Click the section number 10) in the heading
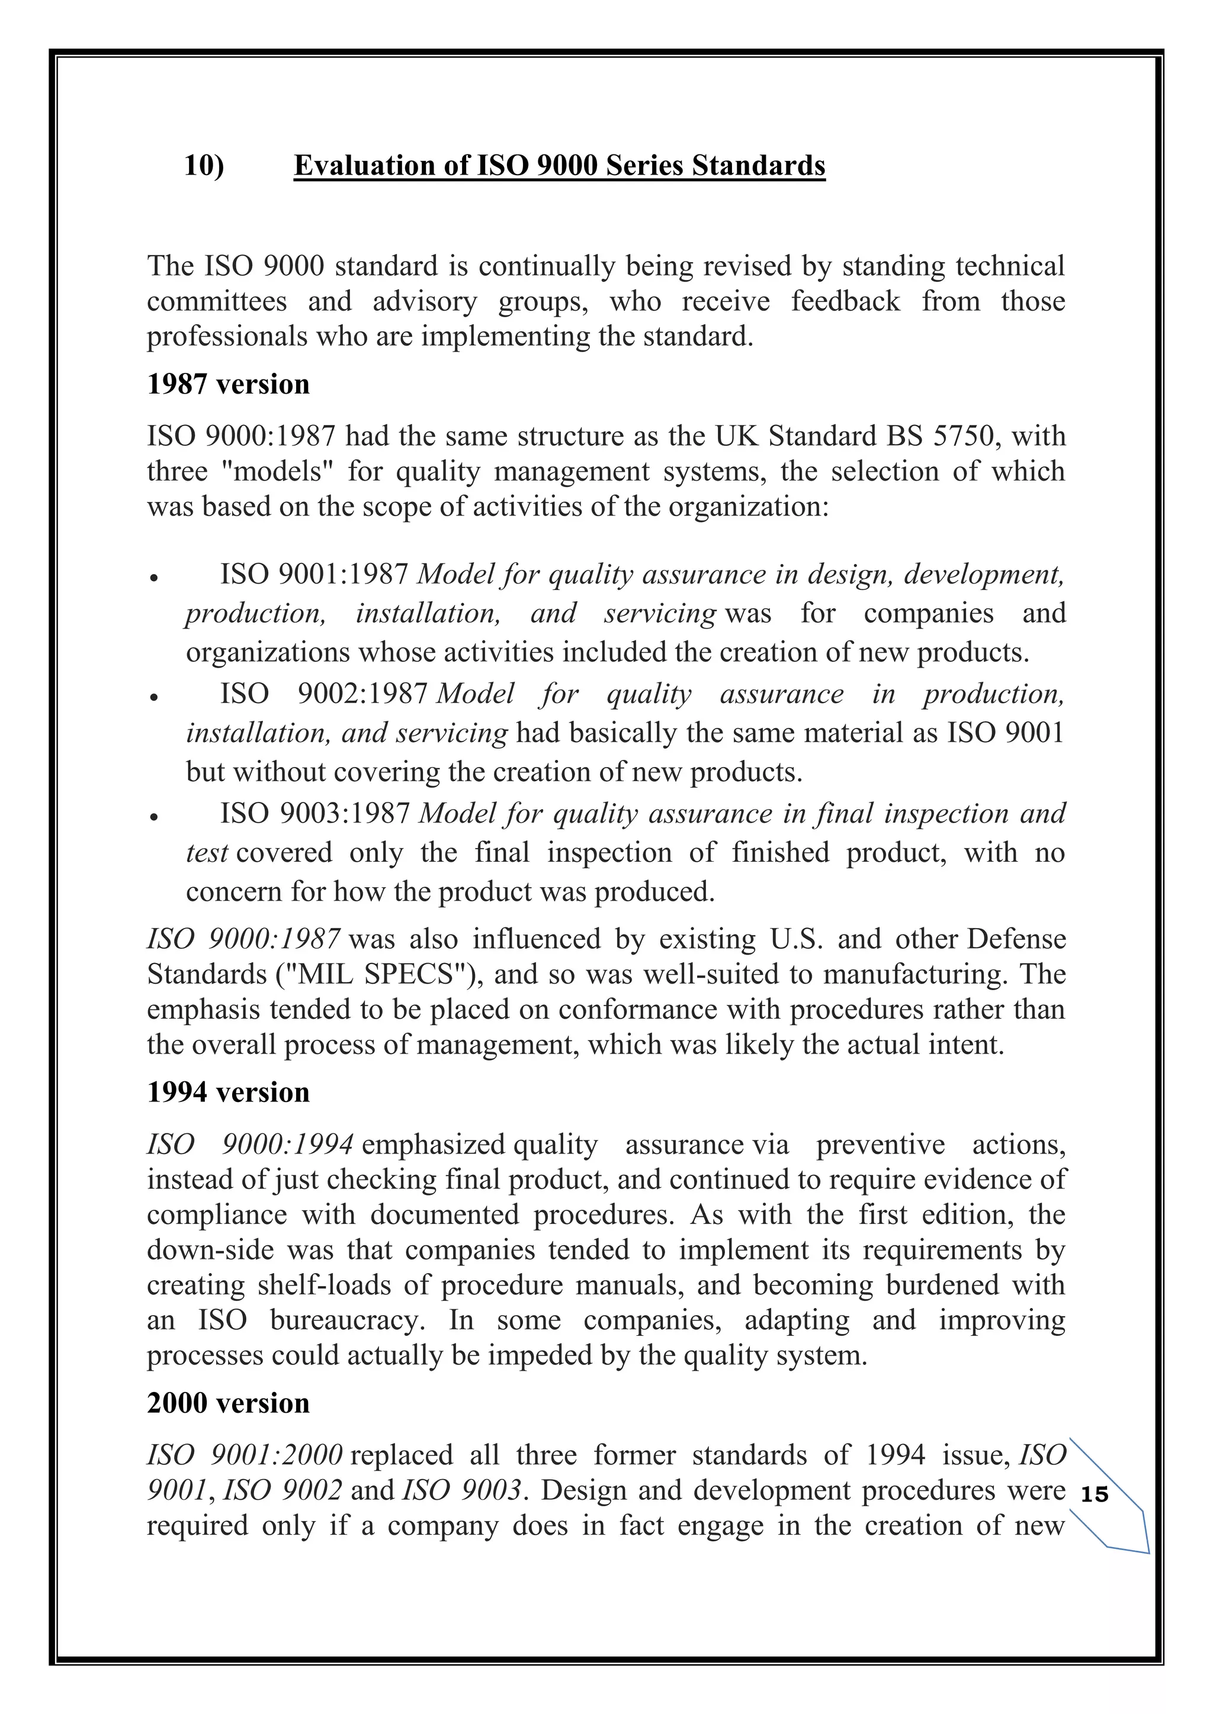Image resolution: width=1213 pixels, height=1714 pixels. [x=204, y=165]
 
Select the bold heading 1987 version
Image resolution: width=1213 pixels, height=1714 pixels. [x=228, y=385]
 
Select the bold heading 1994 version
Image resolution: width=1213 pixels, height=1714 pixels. [x=228, y=1092]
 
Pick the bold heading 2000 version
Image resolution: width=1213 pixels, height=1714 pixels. [x=228, y=1403]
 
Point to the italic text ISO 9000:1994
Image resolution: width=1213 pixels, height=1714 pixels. [x=249, y=1145]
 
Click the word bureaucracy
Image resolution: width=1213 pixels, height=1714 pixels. [x=347, y=1320]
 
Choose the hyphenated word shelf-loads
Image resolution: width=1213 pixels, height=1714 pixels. [x=324, y=1285]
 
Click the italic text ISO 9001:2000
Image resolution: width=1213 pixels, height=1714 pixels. [x=244, y=1455]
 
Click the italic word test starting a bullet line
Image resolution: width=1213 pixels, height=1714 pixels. [x=207, y=852]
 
